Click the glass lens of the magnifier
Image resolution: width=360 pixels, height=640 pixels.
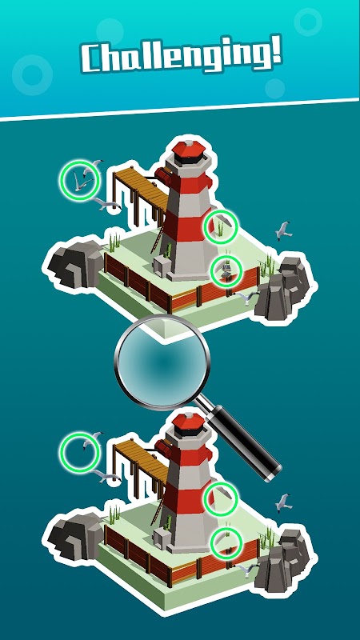point(162,362)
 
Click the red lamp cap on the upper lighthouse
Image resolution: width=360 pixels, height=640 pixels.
point(188,149)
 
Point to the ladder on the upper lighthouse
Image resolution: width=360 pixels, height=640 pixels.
point(158,238)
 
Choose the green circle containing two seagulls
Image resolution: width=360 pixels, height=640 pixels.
point(79,180)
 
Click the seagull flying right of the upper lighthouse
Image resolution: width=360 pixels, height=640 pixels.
point(283,230)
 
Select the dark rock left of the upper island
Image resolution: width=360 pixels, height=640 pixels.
point(75,262)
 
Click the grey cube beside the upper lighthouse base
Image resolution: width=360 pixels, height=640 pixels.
point(162,266)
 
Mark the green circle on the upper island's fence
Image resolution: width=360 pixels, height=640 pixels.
point(226,270)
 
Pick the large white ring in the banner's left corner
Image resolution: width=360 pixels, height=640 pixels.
point(32,74)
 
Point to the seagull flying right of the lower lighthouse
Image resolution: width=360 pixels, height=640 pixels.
point(283,503)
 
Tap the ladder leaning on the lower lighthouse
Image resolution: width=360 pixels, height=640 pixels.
point(158,510)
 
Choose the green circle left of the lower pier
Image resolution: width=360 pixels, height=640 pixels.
point(79,453)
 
